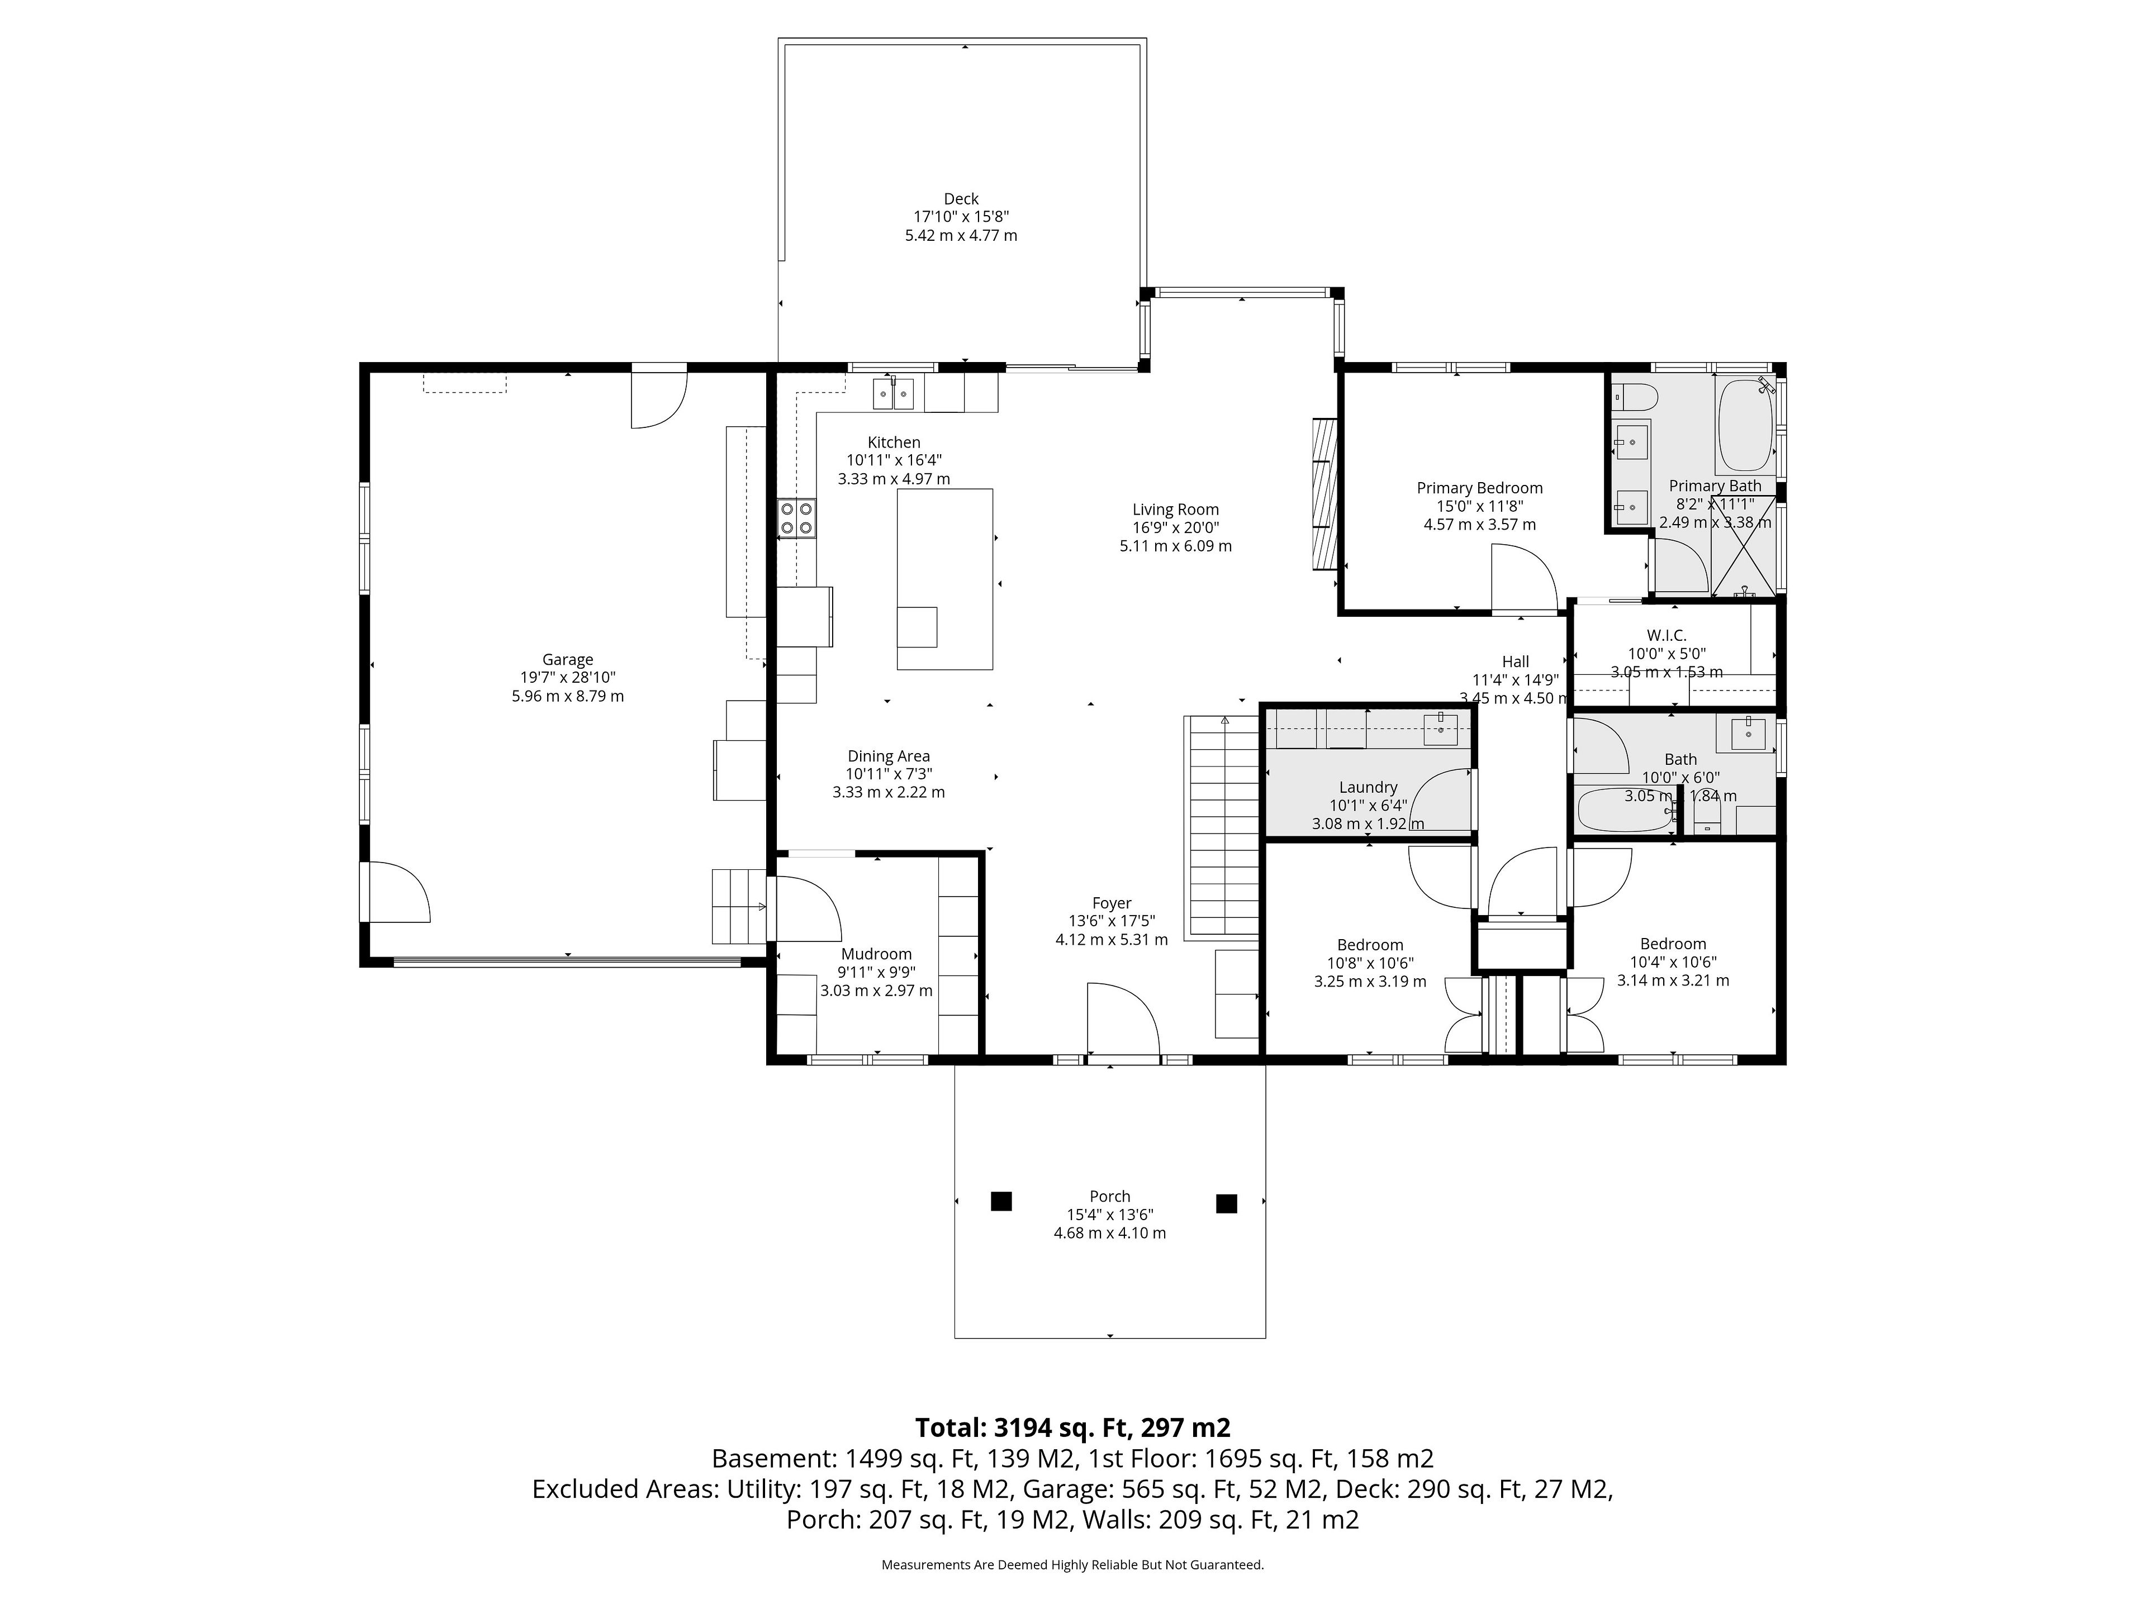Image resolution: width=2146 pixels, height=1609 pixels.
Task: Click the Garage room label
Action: pos(568,659)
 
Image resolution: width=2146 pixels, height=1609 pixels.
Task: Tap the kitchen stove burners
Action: pos(796,518)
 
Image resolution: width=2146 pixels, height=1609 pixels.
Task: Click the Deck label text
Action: pos(961,199)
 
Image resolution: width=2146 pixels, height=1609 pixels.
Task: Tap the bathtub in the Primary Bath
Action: pos(1746,425)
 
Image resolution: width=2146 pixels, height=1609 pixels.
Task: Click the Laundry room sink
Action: pos(1441,729)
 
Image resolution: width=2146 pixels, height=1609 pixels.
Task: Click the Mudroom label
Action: pos(876,954)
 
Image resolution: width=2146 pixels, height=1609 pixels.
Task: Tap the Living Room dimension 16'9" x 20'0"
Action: pos(1176,527)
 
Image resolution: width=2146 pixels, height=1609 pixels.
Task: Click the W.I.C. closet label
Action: pos(1667,635)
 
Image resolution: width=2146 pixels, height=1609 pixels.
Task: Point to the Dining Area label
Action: pos(889,756)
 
